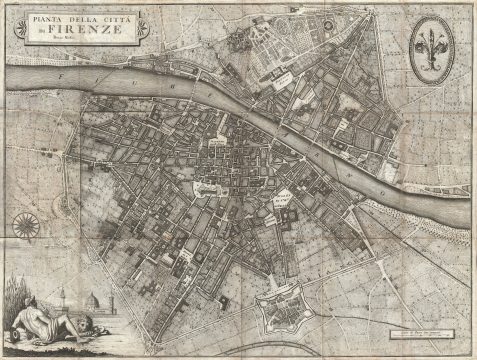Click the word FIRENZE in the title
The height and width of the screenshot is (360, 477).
tap(96, 30)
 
